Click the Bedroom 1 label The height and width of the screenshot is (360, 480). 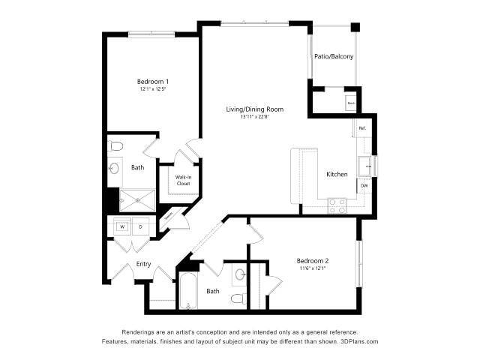152,81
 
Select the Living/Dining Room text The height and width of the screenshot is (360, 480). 254,109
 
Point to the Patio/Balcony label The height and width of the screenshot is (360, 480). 334,56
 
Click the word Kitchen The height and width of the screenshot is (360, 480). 337,174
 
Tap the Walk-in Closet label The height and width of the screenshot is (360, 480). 183,180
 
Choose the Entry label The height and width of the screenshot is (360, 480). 143,264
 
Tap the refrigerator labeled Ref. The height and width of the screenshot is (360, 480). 361,129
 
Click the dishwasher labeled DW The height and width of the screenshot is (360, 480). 364,185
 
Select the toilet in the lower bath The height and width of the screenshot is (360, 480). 238,298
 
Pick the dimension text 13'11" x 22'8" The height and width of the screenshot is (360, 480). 254,117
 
